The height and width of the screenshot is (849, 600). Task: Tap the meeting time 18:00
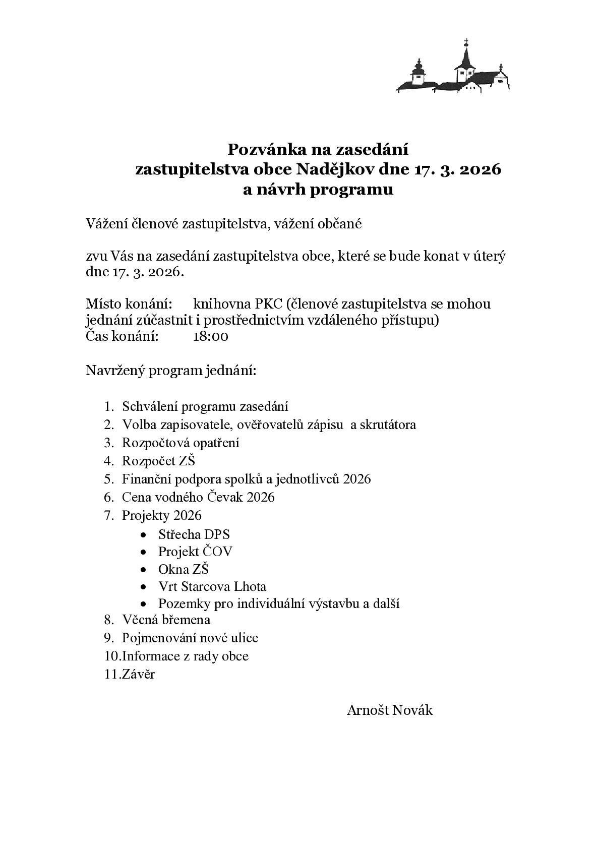pos(210,336)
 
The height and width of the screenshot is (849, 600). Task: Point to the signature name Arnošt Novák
pos(389,710)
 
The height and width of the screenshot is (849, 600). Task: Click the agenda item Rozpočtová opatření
pos(181,443)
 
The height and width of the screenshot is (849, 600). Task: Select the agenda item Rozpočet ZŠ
pos(158,461)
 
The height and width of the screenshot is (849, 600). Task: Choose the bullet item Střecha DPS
pos(194,534)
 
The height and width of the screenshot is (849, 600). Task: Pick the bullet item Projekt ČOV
pos(195,552)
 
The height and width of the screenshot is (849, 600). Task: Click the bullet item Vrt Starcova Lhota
pos(212,586)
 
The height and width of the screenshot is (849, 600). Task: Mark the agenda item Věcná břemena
pos(166,620)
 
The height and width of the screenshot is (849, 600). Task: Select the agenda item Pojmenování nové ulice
pos(190,638)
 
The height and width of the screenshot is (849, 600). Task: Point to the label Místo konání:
pos(129,304)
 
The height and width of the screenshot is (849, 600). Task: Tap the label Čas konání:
pos(122,336)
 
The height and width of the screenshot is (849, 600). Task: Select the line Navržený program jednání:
pos(171,371)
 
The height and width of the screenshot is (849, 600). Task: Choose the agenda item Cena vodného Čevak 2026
pos(198,497)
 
